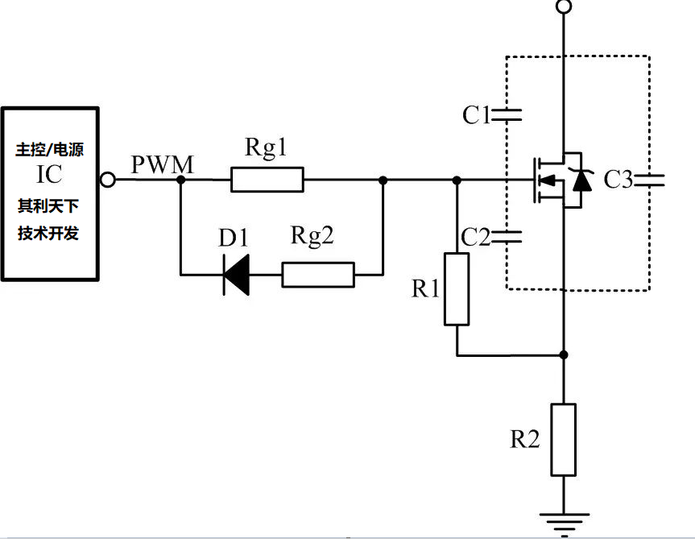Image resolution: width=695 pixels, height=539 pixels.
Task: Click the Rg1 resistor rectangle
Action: pyautogui.click(x=267, y=180)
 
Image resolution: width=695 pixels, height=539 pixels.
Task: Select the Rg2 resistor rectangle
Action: pyautogui.click(x=318, y=275)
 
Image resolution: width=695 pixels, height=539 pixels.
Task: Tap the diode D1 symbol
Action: pyautogui.click(x=236, y=275)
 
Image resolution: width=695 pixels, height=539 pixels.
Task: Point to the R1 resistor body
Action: pyautogui.click(x=457, y=289)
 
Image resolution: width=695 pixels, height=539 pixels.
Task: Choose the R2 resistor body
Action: pyautogui.click(x=564, y=440)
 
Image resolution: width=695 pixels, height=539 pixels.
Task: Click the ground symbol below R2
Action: pyautogui.click(x=564, y=522)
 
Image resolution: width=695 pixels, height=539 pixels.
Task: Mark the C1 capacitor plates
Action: pyautogui.click(x=506, y=115)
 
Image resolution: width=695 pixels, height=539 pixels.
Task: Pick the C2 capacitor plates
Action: pyautogui.click(x=506, y=237)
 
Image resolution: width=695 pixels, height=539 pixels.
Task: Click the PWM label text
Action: pyautogui.click(x=162, y=165)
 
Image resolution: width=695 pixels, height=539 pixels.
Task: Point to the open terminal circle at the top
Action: pyautogui.click(x=564, y=7)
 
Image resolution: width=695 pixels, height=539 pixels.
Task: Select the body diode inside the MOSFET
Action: pyautogui.click(x=580, y=180)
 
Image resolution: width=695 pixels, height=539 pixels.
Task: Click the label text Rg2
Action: pyautogui.click(x=312, y=236)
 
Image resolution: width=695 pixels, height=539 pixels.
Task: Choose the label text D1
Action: pyautogui.click(x=234, y=238)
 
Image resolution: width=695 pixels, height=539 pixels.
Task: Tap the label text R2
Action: pyautogui.click(x=524, y=439)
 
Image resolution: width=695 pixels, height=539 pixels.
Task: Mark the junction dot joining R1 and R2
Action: pyautogui.click(x=564, y=354)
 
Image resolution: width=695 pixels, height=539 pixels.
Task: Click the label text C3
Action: pyautogui.click(x=618, y=180)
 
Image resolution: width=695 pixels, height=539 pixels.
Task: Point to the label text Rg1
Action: pyautogui.click(x=266, y=148)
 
